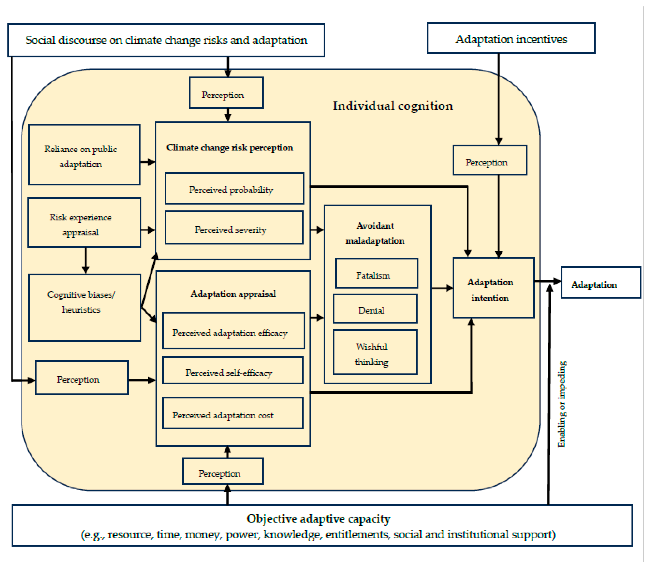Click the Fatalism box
point(377,273)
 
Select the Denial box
point(375,309)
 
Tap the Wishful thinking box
point(375,352)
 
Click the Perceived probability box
point(234,188)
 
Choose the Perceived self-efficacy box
point(233,370)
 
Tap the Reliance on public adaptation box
point(84,155)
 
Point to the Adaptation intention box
point(494,288)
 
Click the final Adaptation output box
point(601,282)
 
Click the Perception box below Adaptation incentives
point(490,160)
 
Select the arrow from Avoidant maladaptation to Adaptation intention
point(442,288)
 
